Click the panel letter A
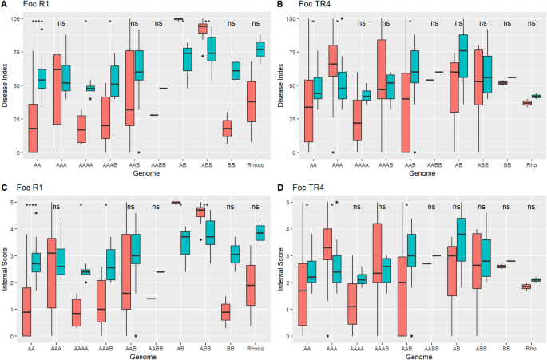tap(5, 6)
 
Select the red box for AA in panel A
tap(33, 129)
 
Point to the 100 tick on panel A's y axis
tap(15, 18)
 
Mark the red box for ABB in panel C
tap(201, 212)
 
